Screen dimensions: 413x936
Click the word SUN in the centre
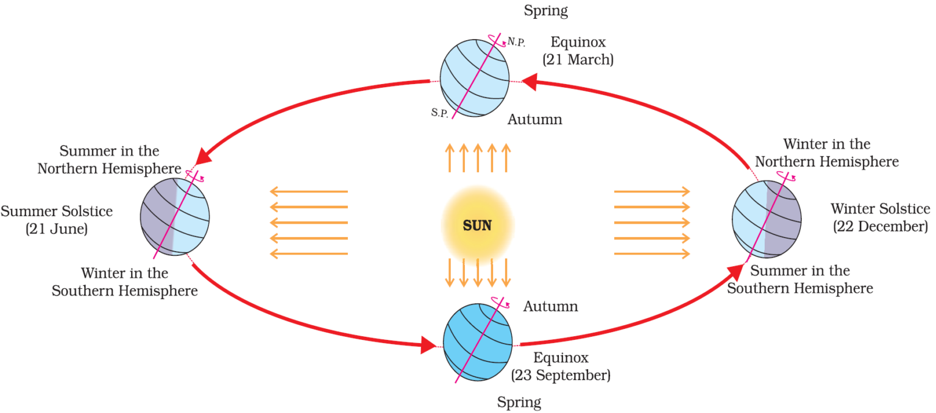(477, 226)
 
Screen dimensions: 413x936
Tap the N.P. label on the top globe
(516, 43)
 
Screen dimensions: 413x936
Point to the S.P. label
(439, 113)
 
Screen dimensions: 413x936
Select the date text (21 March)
(578, 60)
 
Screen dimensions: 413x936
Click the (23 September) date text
(561, 375)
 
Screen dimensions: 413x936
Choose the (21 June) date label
(57, 230)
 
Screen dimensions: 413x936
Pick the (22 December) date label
(880, 227)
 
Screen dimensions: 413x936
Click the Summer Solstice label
(57, 211)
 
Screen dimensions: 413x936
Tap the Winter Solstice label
(880, 209)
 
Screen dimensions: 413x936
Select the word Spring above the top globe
(545, 10)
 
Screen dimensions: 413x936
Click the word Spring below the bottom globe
(519, 402)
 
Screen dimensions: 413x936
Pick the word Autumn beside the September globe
(550, 306)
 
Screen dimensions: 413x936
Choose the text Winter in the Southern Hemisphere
(124, 282)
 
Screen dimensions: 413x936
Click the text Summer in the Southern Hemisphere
(799, 280)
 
